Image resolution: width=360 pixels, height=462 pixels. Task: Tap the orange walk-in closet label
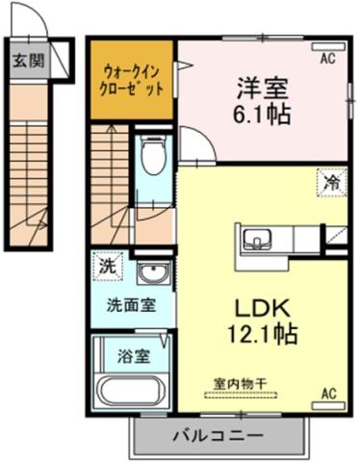coord(132,78)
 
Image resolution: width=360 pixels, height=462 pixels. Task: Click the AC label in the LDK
coord(327,393)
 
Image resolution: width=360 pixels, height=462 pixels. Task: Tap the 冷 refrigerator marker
coord(331,178)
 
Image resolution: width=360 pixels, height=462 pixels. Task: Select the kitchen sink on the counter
coord(258,238)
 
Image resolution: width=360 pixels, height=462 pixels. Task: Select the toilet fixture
coord(152,153)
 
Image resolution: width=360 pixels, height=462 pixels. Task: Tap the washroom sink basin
coord(151,274)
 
